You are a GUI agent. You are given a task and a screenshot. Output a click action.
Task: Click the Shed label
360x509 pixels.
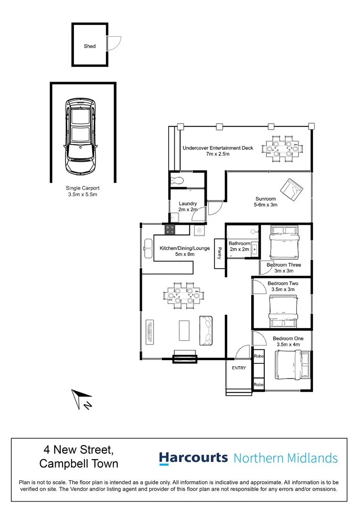click(90, 46)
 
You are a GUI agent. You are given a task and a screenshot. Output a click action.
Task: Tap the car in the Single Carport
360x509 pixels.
click(81, 136)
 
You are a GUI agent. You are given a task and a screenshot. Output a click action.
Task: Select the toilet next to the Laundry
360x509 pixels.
click(177, 180)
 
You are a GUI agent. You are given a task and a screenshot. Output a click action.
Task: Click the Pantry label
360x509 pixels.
click(220, 253)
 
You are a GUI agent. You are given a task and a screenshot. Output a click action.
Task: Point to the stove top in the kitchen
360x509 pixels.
click(170, 230)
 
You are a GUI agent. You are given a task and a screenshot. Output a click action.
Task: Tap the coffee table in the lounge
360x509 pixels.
click(184, 330)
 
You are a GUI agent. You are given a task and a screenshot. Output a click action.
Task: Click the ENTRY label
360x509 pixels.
click(239, 368)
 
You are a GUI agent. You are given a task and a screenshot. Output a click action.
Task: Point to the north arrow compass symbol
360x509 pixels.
click(82, 399)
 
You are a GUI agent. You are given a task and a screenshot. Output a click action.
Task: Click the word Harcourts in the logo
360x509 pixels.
click(193, 458)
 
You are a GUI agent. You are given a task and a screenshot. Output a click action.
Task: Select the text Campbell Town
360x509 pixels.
click(79, 464)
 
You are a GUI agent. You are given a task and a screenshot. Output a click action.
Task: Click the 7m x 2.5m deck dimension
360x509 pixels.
click(218, 154)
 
